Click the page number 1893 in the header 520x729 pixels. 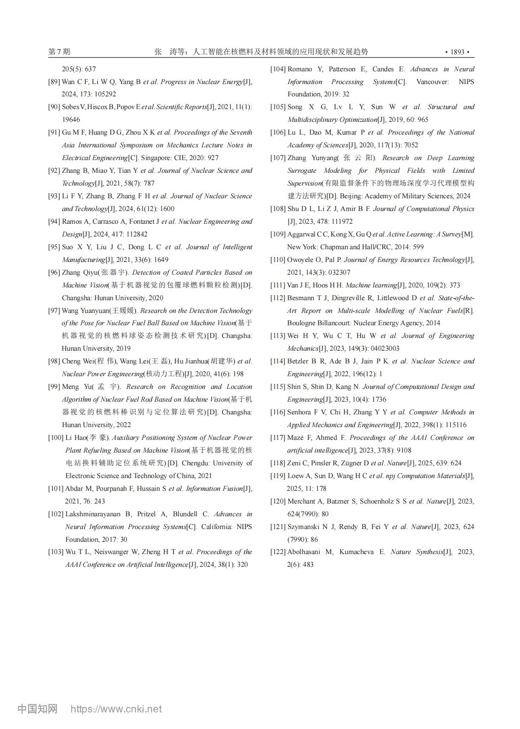point(457,52)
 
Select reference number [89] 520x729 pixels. point(54,82)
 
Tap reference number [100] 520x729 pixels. point(56,438)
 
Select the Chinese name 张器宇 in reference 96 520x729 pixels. point(118,273)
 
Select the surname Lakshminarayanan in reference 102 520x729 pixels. point(92,514)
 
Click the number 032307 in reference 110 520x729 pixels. point(339,273)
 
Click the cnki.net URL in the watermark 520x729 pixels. point(116,709)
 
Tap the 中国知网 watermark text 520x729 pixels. point(37,709)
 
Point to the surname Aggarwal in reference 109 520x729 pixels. point(301,234)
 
